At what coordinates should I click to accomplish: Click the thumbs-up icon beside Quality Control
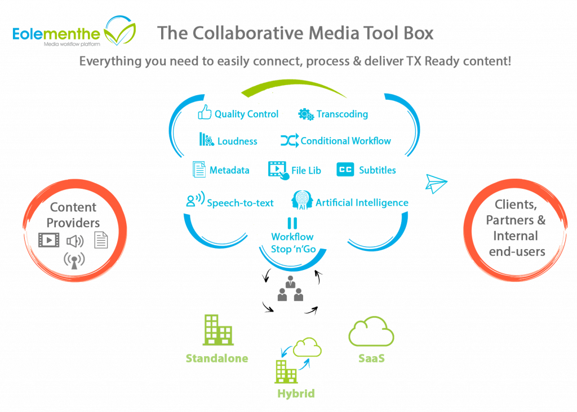[204, 113]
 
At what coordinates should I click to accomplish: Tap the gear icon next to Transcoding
[306, 114]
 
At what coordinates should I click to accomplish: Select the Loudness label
[237, 141]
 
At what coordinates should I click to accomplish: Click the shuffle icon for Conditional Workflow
[289, 140]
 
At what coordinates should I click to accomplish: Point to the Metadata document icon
[199, 169]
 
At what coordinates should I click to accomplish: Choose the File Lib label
[306, 170]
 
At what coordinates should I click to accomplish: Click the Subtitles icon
[345, 169]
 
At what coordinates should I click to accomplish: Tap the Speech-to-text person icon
[194, 201]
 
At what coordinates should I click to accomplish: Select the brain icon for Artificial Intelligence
[302, 201]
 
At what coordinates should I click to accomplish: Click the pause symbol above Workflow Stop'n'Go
[292, 223]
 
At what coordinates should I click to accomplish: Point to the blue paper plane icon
[436, 183]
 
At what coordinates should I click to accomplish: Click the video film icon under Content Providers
[49, 240]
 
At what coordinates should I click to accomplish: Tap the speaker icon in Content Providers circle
[74, 241]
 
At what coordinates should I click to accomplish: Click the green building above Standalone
[218, 330]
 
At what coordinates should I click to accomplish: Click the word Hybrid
[295, 393]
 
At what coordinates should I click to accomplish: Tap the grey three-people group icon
[290, 289]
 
